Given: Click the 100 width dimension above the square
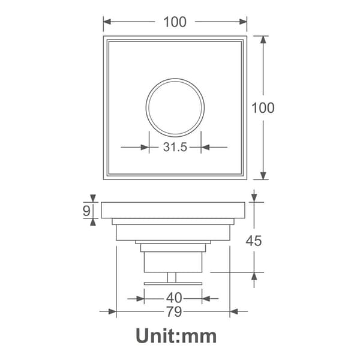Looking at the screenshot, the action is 175,22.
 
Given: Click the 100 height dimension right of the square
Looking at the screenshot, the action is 263,107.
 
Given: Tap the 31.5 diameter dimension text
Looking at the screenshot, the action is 175,147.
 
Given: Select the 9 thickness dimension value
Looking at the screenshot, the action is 86,211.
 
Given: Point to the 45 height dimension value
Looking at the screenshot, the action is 254,241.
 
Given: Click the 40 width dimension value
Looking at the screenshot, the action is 174,298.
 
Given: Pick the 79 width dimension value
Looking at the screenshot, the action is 174,311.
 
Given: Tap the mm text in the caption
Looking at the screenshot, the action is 199,338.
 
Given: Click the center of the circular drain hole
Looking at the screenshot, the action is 175,107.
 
